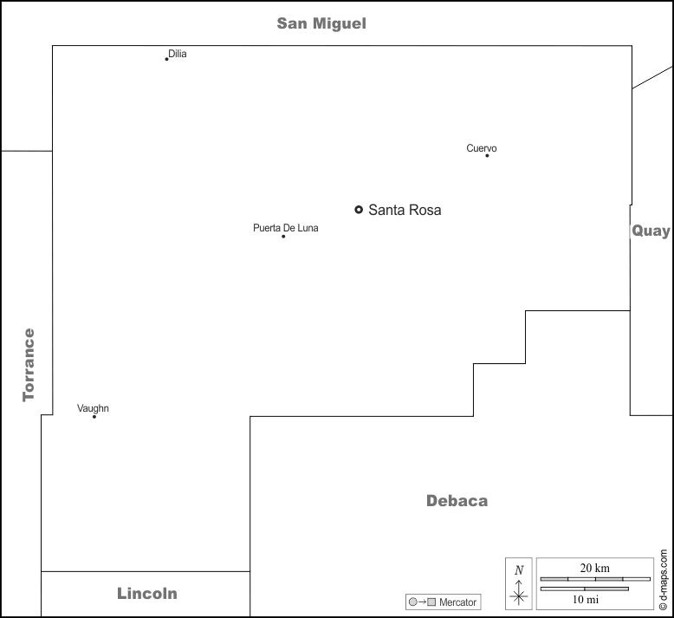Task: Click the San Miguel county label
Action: (321, 23)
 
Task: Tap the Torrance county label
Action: (29, 365)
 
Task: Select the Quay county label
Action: (651, 231)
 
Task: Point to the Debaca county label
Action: (457, 501)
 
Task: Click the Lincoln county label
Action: (147, 594)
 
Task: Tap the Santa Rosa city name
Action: (405, 210)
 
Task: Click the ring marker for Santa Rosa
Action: (359, 210)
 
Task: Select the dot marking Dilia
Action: (167, 59)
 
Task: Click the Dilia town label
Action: (178, 54)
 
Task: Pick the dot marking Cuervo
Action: (487, 156)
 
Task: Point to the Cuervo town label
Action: (482, 148)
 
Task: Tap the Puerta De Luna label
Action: (286, 228)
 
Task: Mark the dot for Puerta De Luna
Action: (283, 236)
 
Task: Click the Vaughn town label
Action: (93, 408)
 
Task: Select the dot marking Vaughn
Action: (94, 416)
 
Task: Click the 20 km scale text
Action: (595, 568)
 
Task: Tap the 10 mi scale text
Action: (586, 600)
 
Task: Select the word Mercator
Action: (457, 602)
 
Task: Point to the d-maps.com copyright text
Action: (664, 579)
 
